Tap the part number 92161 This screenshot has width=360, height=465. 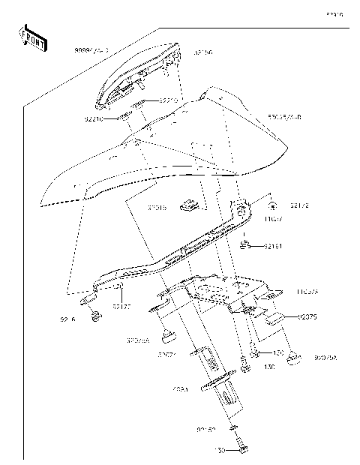pyautogui.click(x=272, y=246)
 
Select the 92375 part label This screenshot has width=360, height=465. pyautogui.click(x=308, y=317)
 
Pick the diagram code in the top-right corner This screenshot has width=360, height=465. pyautogui.click(x=334, y=14)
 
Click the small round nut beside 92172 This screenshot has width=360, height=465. pyautogui.click(x=273, y=204)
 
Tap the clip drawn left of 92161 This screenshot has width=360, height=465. pyautogui.click(x=245, y=243)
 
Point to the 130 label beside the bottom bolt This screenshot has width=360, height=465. pyautogui.click(x=220, y=450)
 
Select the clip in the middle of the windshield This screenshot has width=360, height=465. pyautogui.click(x=190, y=203)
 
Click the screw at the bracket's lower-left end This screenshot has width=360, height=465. pyautogui.click(x=94, y=319)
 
